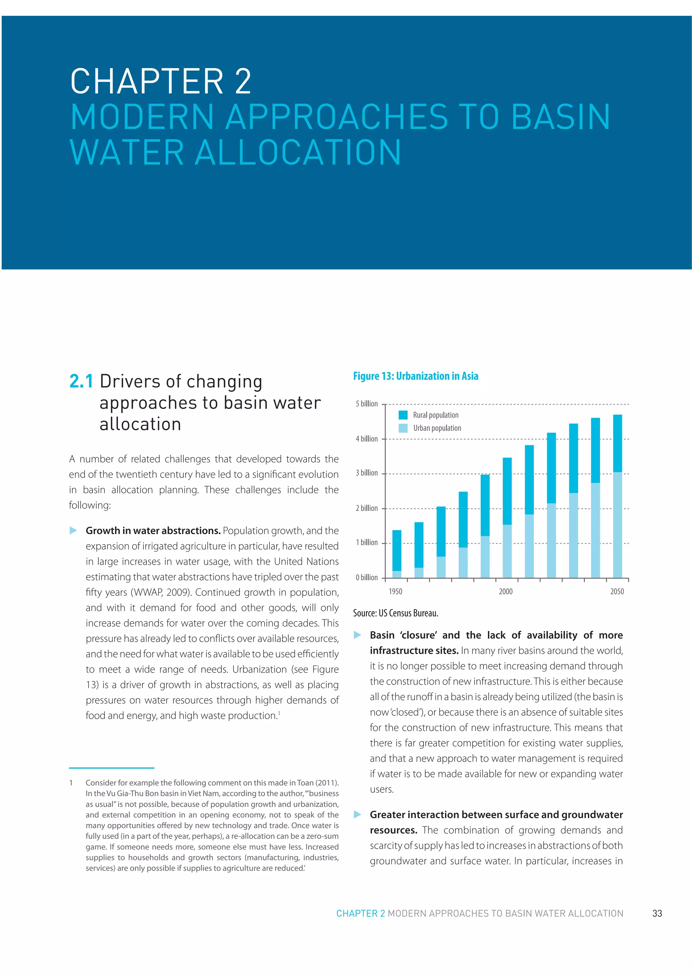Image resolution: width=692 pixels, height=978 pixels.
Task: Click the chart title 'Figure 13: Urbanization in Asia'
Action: click(415, 376)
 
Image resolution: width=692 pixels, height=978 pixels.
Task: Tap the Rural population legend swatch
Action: click(402, 415)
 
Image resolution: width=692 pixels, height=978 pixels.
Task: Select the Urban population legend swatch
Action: click(402, 428)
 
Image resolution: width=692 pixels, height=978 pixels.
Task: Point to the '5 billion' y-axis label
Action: click(367, 404)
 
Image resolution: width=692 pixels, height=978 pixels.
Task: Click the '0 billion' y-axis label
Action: click(367, 578)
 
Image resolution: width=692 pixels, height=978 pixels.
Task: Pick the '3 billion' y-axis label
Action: click(367, 473)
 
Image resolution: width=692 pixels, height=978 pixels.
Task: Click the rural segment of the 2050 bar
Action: click(617, 443)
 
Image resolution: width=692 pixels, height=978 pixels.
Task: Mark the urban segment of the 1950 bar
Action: click(397, 574)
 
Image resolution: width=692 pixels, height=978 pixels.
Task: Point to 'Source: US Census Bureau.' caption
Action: click(395, 613)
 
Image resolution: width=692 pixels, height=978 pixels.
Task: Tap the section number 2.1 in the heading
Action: click(81, 381)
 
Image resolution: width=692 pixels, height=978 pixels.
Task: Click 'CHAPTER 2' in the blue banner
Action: click(161, 81)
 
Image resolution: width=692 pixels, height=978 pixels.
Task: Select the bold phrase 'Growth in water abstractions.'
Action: click(153, 531)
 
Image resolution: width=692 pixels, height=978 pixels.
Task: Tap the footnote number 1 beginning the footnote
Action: click(71, 783)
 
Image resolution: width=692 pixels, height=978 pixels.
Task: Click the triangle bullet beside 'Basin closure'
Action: click(357, 635)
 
